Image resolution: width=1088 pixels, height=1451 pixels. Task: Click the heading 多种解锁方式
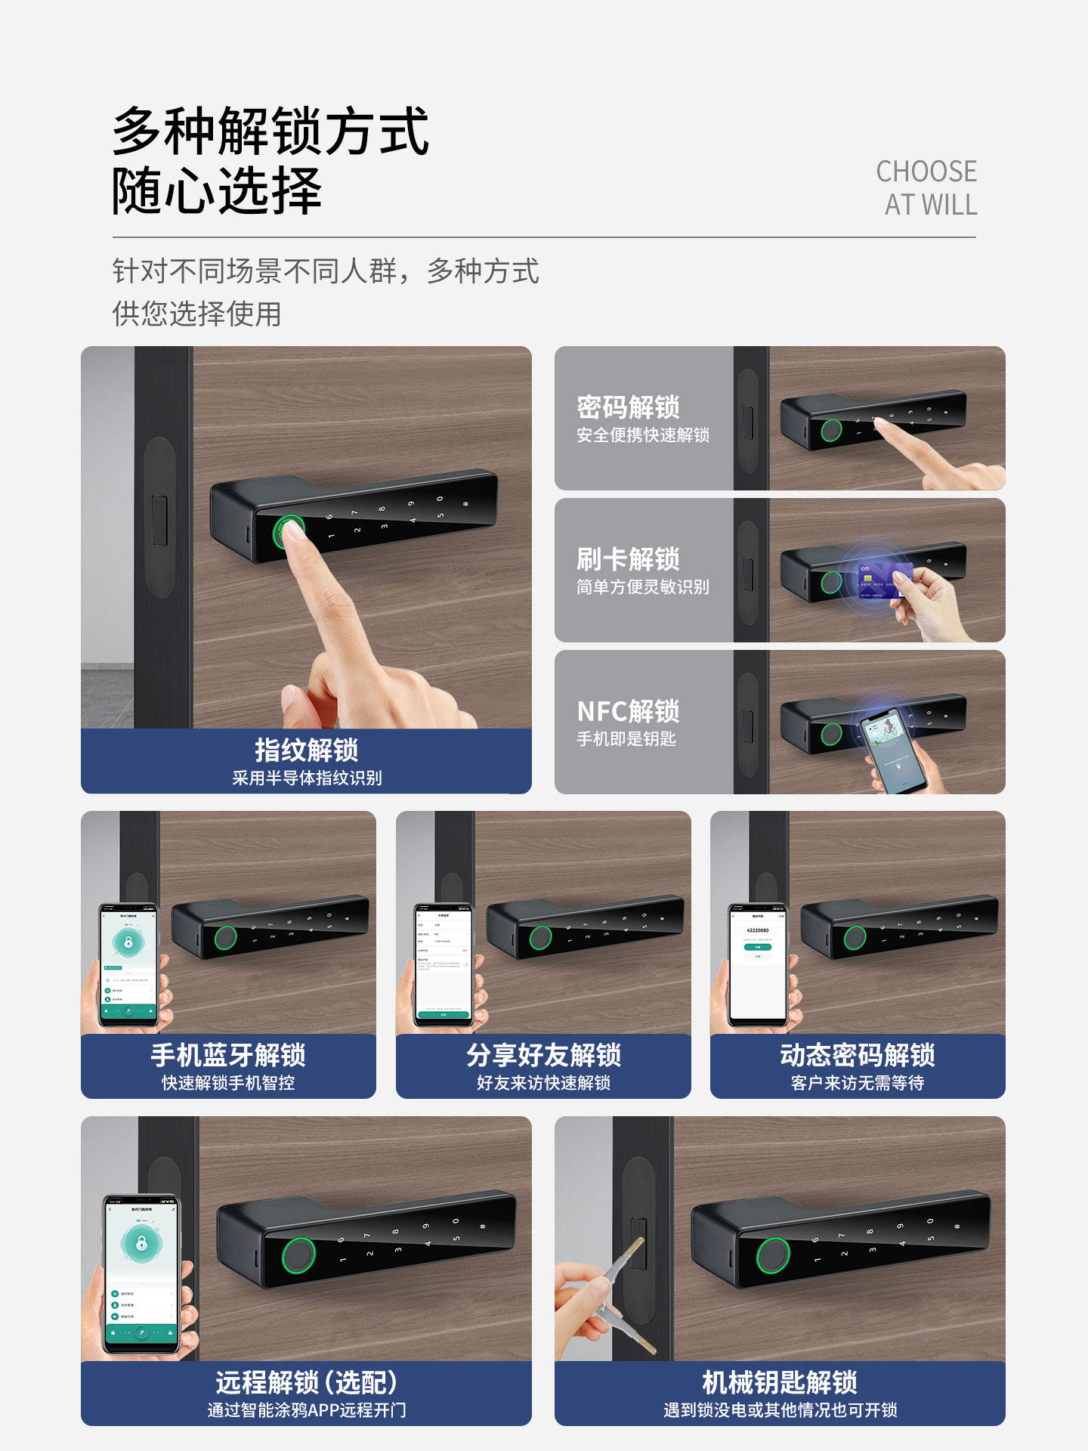(x=270, y=131)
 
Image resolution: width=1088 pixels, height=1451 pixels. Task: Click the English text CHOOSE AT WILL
(x=926, y=188)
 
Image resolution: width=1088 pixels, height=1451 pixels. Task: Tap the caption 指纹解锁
(x=306, y=750)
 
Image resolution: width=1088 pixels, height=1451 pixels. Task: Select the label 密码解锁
(x=628, y=407)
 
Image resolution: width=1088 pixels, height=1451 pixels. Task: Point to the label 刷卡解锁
(x=628, y=559)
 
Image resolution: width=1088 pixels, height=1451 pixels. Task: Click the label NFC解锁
(x=628, y=711)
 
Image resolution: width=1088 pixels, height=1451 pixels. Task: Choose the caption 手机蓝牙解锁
(x=228, y=1055)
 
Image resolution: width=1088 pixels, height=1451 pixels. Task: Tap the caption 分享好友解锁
(x=543, y=1055)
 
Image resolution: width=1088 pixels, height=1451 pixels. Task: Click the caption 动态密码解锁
(x=858, y=1055)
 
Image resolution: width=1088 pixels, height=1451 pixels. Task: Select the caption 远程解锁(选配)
(x=306, y=1382)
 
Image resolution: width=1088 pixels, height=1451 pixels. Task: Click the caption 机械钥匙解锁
(x=780, y=1382)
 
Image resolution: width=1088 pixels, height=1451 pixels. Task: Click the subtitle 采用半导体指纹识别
(x=306, y=778)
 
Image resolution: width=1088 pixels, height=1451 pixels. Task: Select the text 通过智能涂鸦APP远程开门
(x=306, y=1410)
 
